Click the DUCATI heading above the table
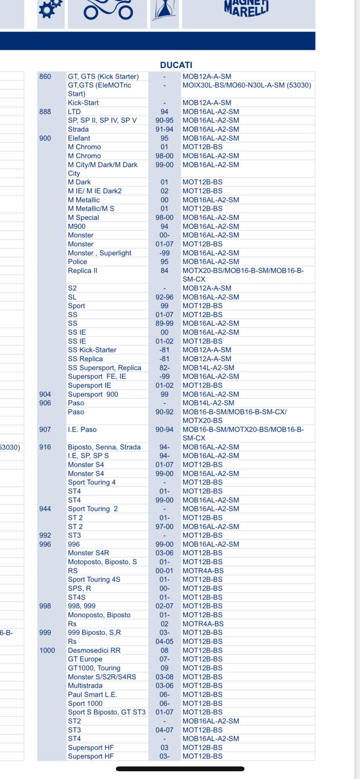pos(176,65)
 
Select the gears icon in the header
pos(50,9)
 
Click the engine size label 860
pos(45,76)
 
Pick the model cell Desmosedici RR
pos(94,650)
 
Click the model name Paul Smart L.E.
pos(93,695)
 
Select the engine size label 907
pos(45,429)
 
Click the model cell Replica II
pos(82,271)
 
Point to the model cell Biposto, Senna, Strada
pos(104,447)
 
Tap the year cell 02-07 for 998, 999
pos(164,606)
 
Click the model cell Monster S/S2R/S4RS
pos(102,677)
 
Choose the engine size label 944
pos(45,509)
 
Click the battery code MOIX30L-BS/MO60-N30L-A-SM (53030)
pos(246,85)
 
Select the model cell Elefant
pos(79,138)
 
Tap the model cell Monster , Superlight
pos(99,253)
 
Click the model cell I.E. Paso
pos(82,429)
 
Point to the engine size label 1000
pos(47,650)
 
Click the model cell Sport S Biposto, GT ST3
pos(107,712)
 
